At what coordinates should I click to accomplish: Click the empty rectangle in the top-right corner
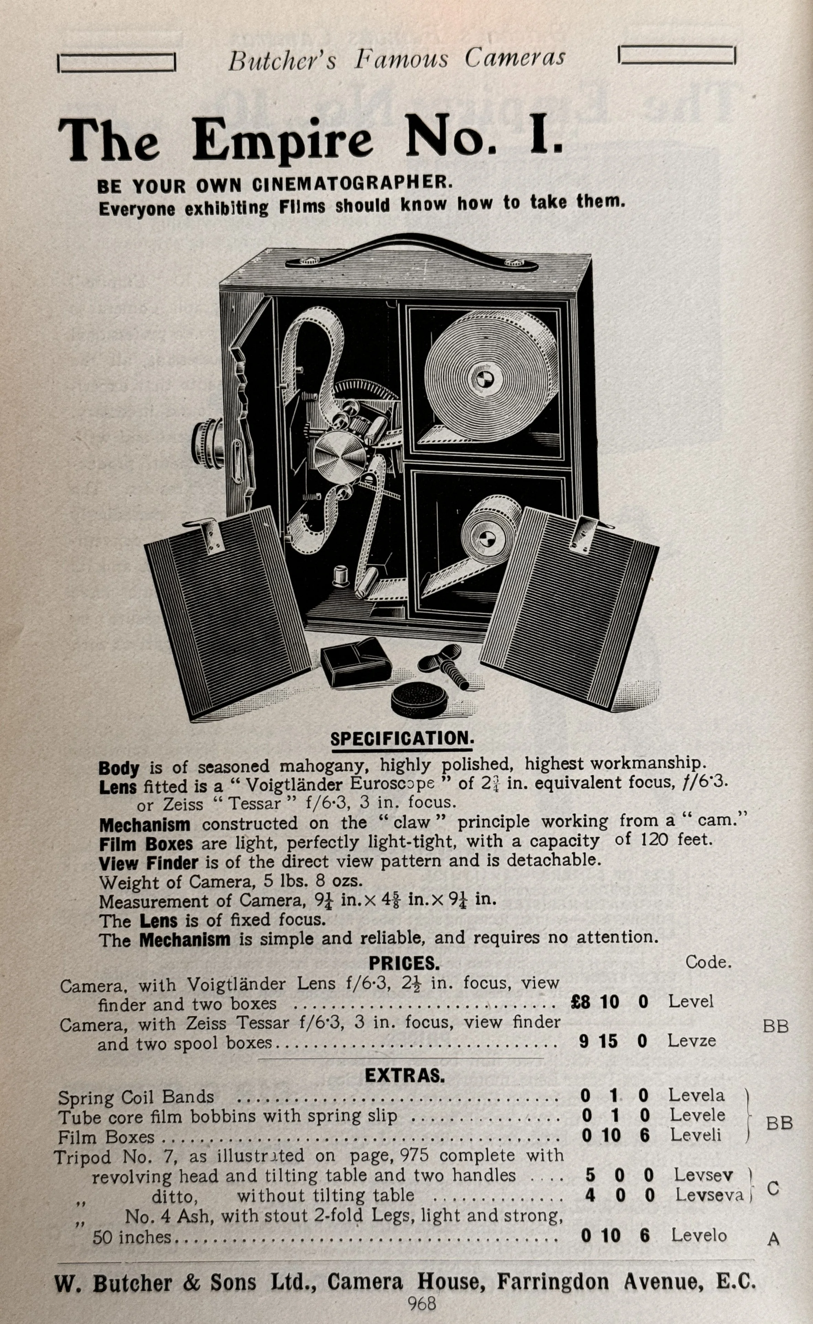(x=677, y=55)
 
